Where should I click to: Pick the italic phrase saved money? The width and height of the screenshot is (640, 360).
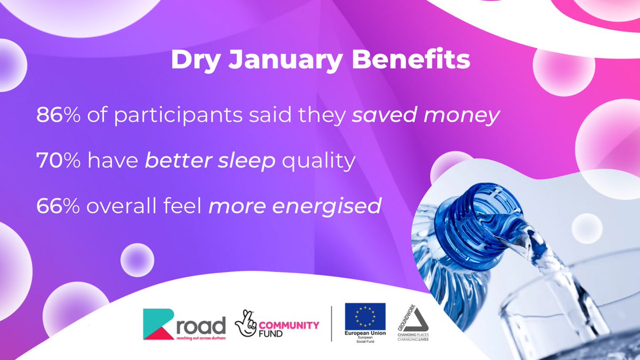coord(425,116)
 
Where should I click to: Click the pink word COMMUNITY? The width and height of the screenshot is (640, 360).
coord(291,325)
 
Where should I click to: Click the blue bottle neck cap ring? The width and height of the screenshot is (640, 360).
coord(469,219)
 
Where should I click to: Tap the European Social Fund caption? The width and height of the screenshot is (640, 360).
coord(365,338)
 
